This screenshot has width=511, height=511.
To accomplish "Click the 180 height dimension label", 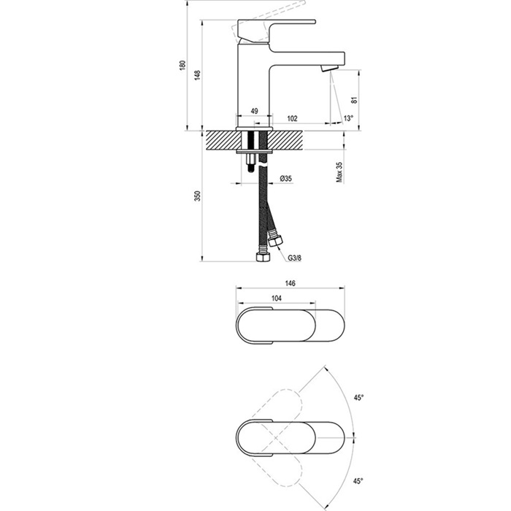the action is pyautogui.click(x=182, y=64).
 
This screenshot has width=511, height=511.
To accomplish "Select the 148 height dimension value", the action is pyautogui.click(x=198, y=75).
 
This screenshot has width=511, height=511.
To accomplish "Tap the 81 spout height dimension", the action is pyautogui.click(x=355, y=100).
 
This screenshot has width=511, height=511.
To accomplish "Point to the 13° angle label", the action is pyautogui.click(x=348, y=118).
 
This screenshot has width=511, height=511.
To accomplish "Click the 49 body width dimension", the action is pyautogui.click(x=254, y=111).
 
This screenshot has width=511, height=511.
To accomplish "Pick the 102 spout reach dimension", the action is pyautogui.click(x=292, y=118).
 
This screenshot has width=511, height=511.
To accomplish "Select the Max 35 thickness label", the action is pyautogui.click(x=339, y=172).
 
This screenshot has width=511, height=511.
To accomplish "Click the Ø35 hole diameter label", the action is pyautogui.click(x=286, y=178).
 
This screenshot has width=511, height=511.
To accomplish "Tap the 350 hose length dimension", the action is pyautogui.click(x=198, y=196).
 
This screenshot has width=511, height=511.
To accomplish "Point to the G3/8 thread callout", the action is pyautogui.click(x=295, y=258).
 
